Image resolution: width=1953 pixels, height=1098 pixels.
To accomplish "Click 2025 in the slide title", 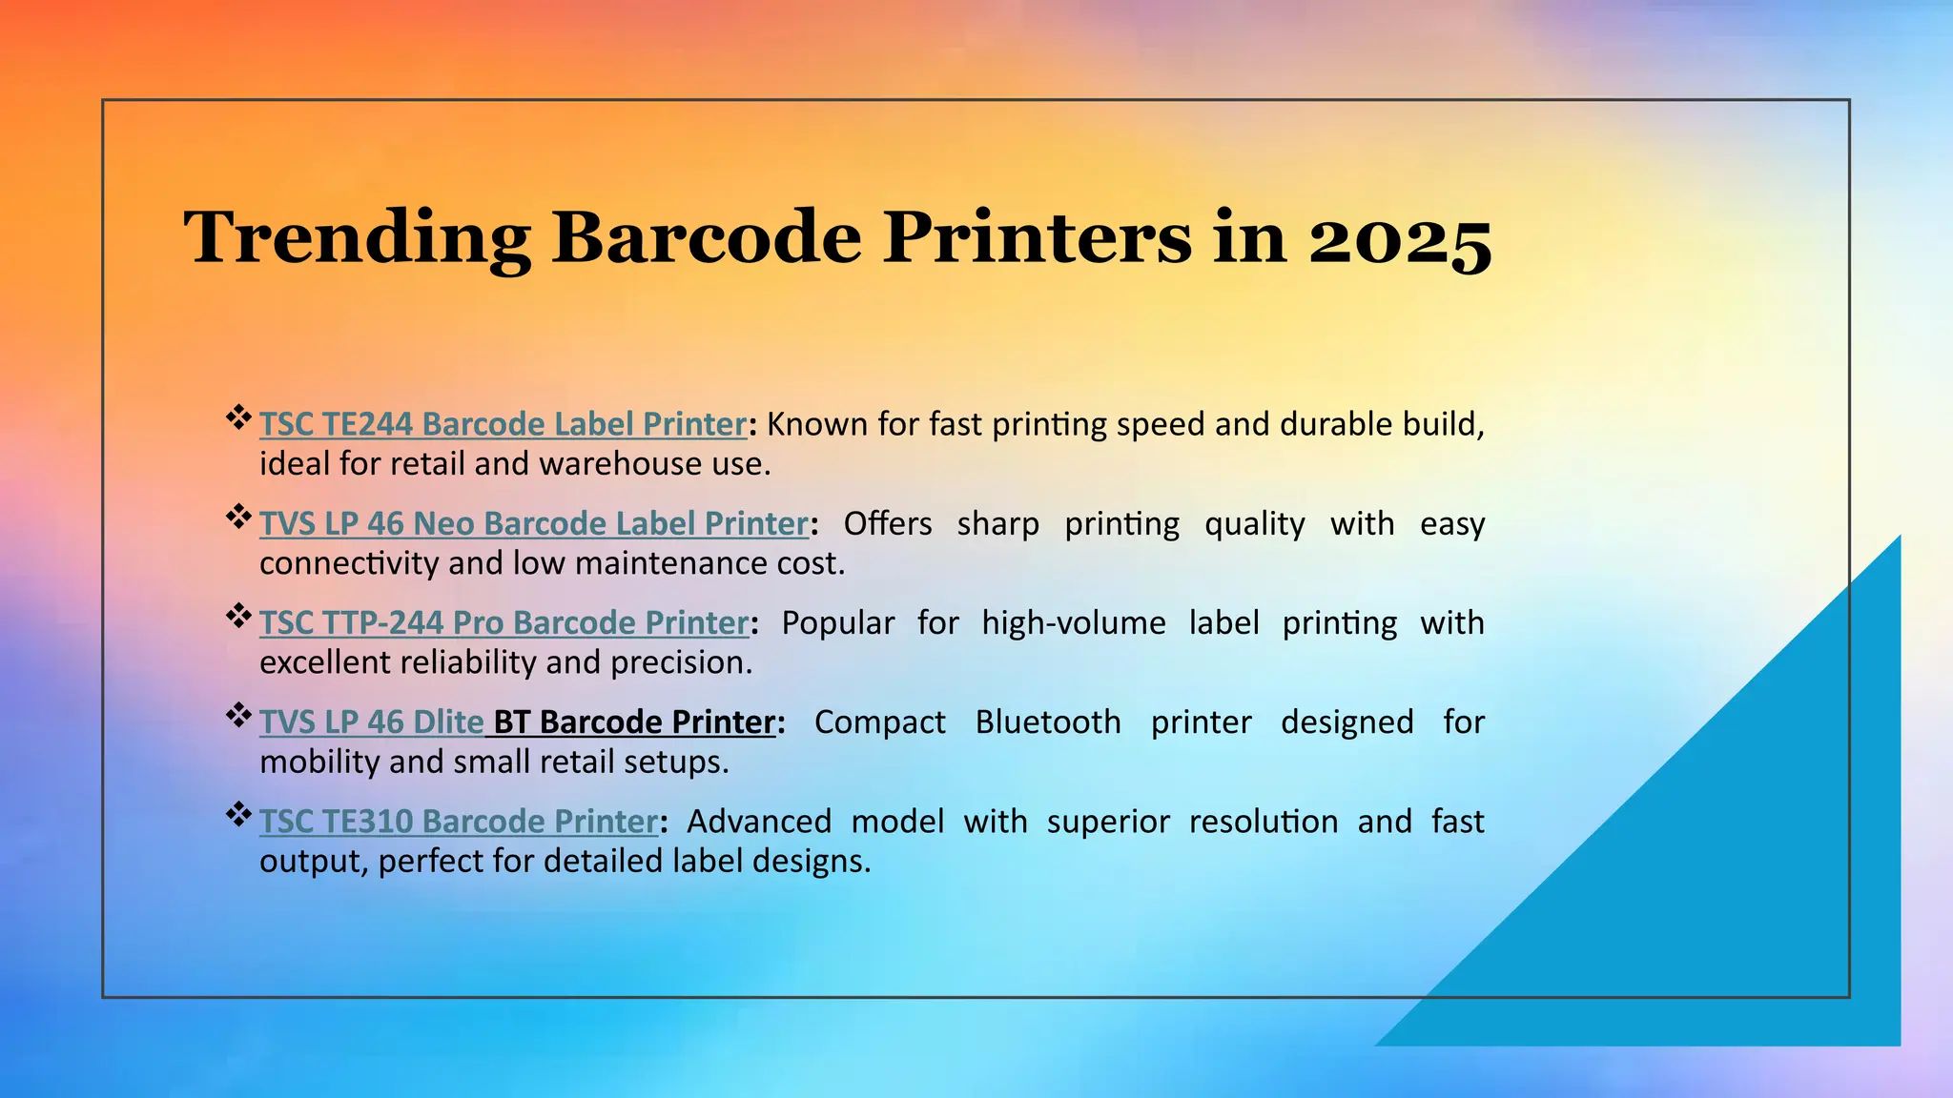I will click(x=1399, y=238).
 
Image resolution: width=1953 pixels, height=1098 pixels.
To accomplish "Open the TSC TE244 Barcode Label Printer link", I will click(x=503, y=424).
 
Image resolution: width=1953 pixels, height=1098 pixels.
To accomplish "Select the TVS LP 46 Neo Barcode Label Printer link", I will click(x=534, y=523).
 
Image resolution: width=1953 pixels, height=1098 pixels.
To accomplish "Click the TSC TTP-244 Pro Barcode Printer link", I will click(x=504, y=622).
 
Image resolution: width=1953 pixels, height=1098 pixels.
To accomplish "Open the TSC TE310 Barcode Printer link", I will click(x=458, y=821).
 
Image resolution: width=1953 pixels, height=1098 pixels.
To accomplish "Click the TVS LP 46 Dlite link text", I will click(x=371, y=722).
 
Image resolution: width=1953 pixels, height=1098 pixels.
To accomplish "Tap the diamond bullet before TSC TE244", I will click(x=237, y=417).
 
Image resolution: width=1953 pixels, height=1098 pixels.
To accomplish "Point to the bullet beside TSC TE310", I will click(x=237, y=814).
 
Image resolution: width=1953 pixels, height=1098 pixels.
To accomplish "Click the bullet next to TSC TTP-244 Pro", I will click(x=237, y=616).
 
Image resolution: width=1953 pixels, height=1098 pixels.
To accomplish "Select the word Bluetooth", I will click(x=1047, y=722).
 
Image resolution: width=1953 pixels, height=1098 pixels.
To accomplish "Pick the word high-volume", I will click(x=1074, y=622).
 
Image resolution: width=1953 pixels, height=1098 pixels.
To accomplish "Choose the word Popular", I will click(x=837, y=622).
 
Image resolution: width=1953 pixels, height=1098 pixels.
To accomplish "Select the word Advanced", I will click(x=759, y=821).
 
